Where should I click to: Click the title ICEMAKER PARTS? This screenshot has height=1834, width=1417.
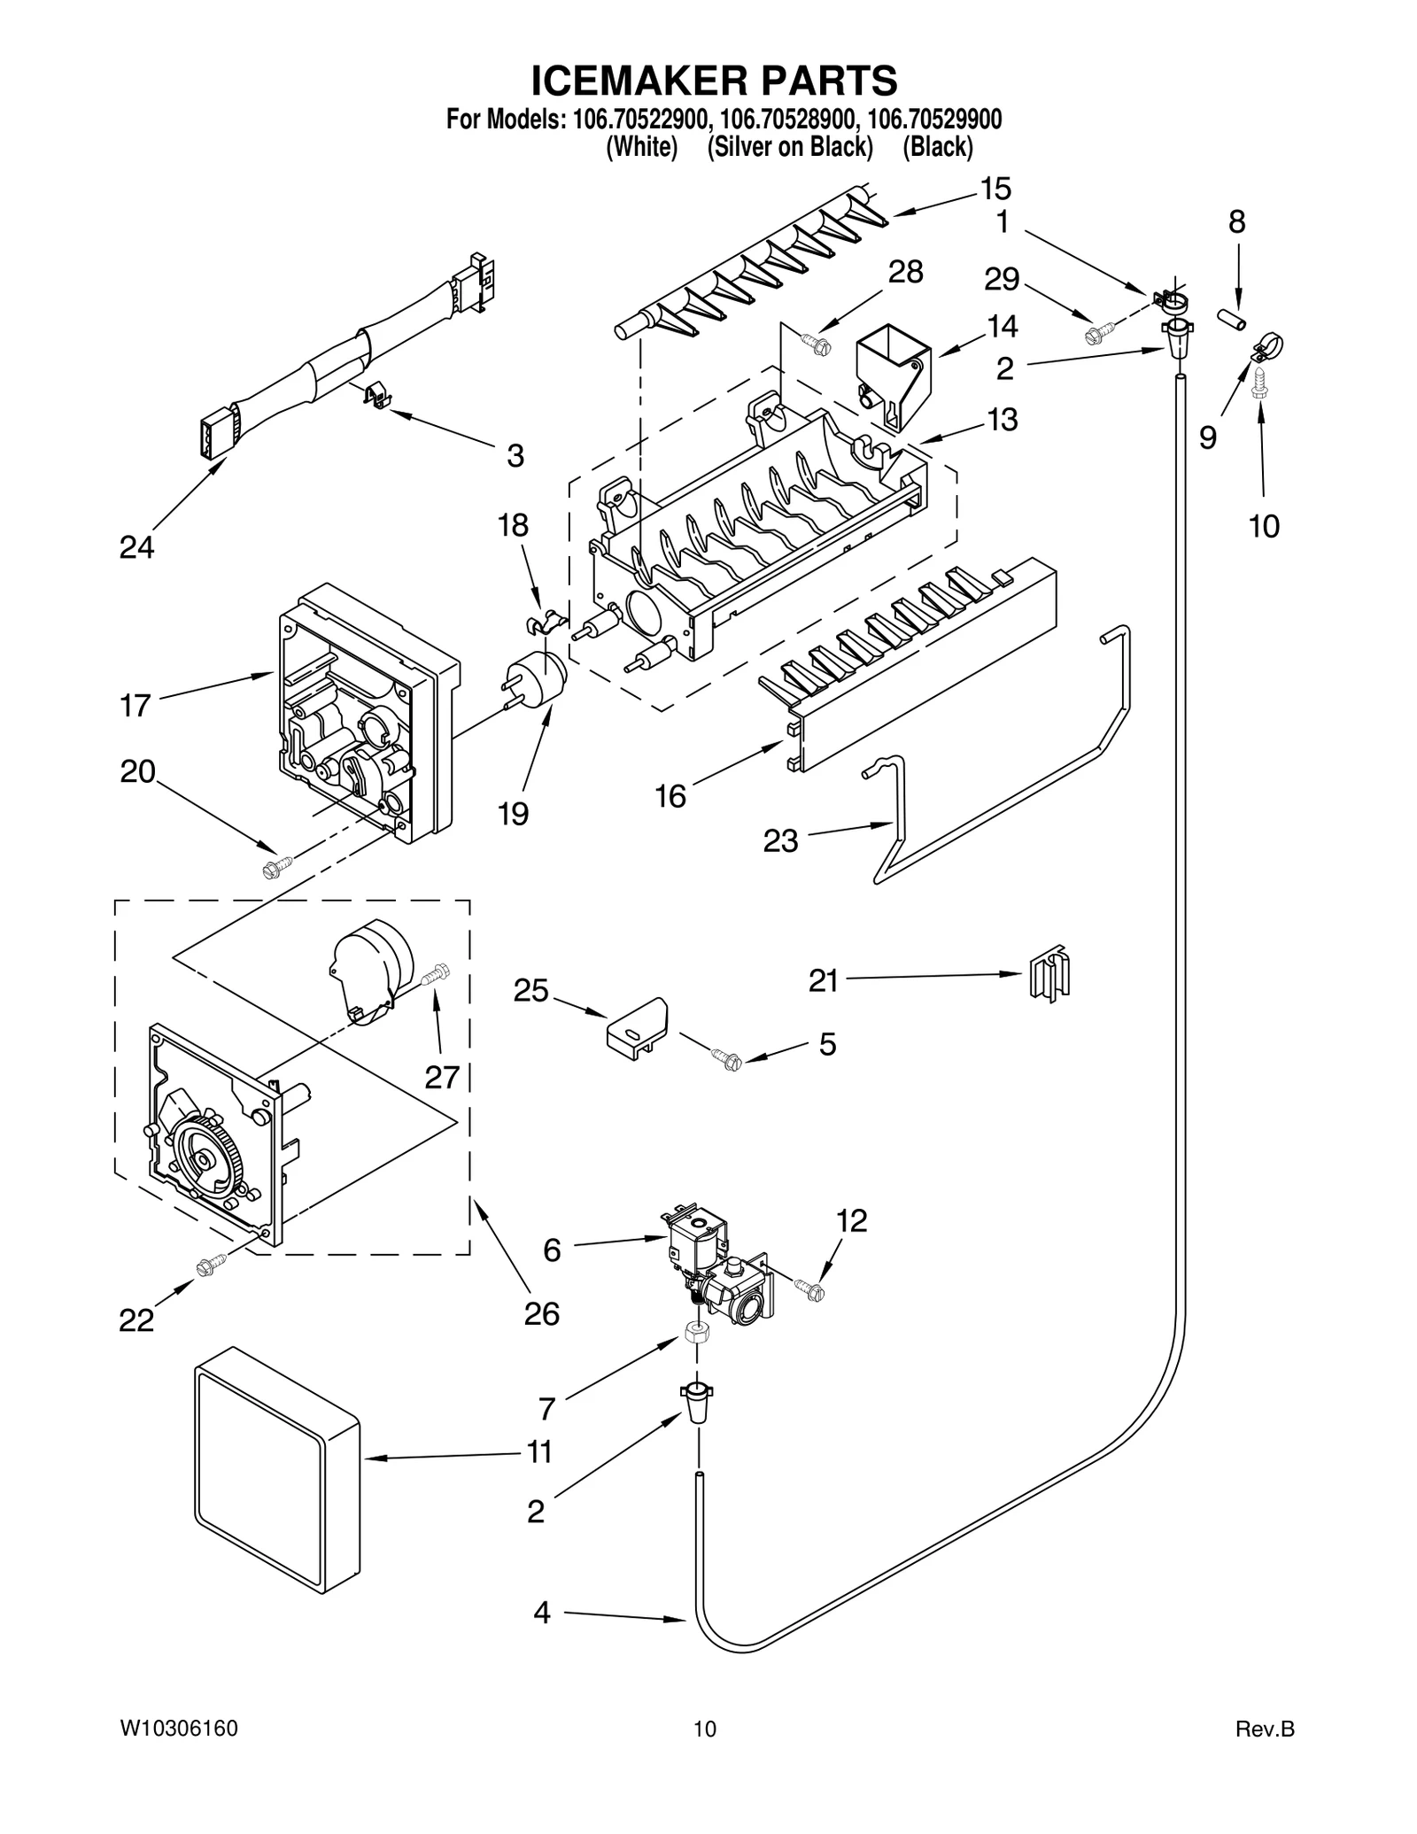pyautogui.click(x=713, y=81)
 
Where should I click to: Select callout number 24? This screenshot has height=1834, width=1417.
pyautogui.click(x=136, y=548)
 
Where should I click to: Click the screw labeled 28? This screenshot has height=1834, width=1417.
pyautogui.click(x=816, y=342)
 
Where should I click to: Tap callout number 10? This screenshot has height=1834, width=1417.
pyautogui.click(x=1264, y=527)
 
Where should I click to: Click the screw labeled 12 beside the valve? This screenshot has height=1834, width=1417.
pyautogui.click(x=809, y=1288)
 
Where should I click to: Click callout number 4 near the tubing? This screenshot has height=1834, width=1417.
pyautogui.click(x=541, y=1613)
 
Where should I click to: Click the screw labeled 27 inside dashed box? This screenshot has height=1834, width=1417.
pyautogui.click(x=436, y=976)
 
